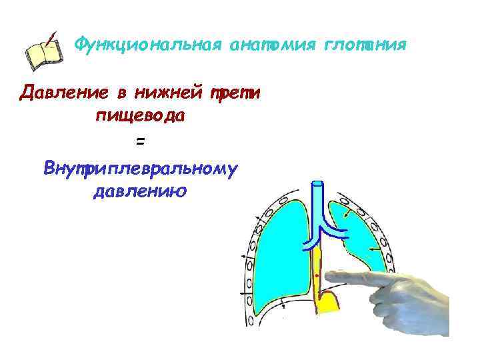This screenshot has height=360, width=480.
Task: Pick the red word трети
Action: [x=233, y=91]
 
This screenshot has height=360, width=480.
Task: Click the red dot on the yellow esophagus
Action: [x=317, y=273]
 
